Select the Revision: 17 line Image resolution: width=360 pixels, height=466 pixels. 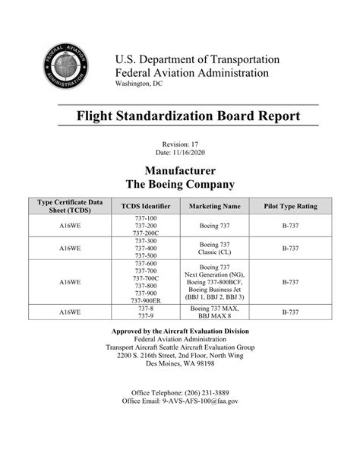pyautogui.click(x=180, y=144)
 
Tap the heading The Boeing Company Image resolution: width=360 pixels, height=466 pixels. pyautogui.click(x=180, y=184)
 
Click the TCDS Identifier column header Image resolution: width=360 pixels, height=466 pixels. pyautogui.click(x=145, y=206)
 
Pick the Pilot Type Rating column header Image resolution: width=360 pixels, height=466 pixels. pyautogui.click(x=290, y=206)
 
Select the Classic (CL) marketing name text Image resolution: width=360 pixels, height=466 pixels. pyautogui.click(x=214, y=252)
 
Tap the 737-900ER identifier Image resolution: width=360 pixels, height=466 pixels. pyautogui.click(x=145, y=301)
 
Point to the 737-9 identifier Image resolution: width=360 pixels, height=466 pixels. pyautogui.click(x=145, y=316)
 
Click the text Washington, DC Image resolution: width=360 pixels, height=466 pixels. pyautogui.click(x=138, y=84)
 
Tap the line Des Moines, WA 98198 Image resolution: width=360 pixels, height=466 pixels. pyautogui.click(x=180, y=364)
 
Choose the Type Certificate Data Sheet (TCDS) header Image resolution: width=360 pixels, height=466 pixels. pyautogui.click(x=65, y=206)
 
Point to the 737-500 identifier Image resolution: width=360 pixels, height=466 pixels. pyautogui.click(x=145, y=255)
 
